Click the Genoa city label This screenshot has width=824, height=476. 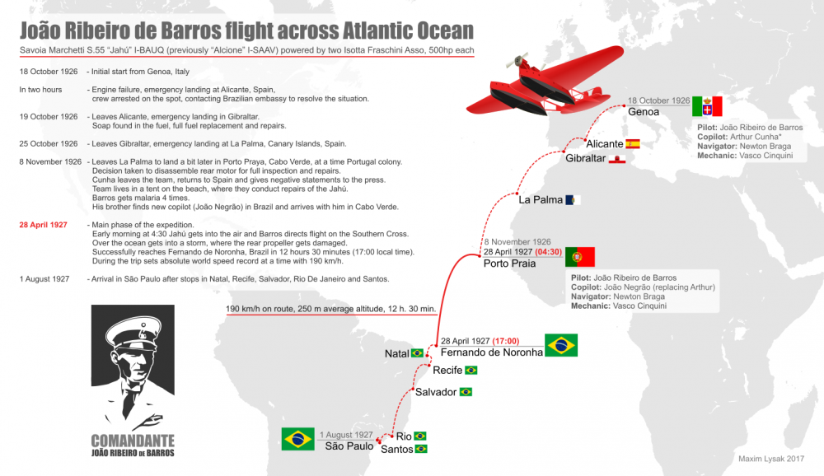[x=644, y=111]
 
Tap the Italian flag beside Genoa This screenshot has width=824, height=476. [x=707, y=106]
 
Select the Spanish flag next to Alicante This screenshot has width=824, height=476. [x=633, y=143]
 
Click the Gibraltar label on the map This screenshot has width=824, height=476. [x=585, y=157]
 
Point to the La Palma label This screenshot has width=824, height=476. [x=540, y=199]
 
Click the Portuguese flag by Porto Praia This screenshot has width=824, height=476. [x=579, y=257]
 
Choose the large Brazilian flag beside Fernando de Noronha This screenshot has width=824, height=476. [x=561, y=345]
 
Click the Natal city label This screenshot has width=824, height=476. [x=396, y=353]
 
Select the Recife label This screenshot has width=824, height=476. [x=447, y=371]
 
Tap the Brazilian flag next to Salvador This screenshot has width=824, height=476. [x=466, y=392]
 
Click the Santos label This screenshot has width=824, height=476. [x=396, y=449]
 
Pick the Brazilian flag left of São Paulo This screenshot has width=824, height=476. [x=297, y=439]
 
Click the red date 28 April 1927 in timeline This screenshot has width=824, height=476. [x=44, y=225]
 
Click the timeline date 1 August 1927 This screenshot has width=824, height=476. [x=44, y=279]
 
